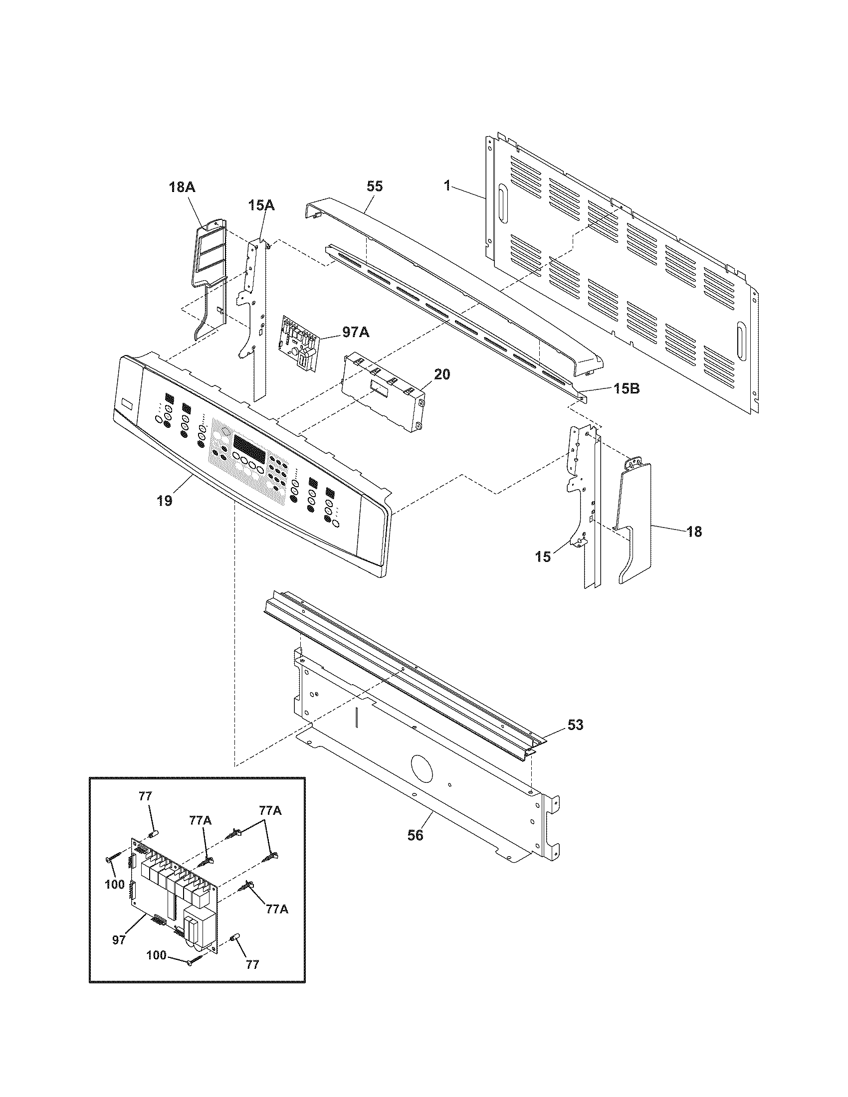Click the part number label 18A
pyautogui.click(x=182, y=187)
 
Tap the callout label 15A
pyautogui.click(x=261, y=205)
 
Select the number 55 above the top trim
pyautogui.click(x=375, y=186)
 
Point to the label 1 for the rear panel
pyautogui.click(x=446, y=185)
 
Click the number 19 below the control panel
pyautogui.click(x=164, y=500)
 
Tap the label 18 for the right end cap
pyautogui.click(x=694, y=532)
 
